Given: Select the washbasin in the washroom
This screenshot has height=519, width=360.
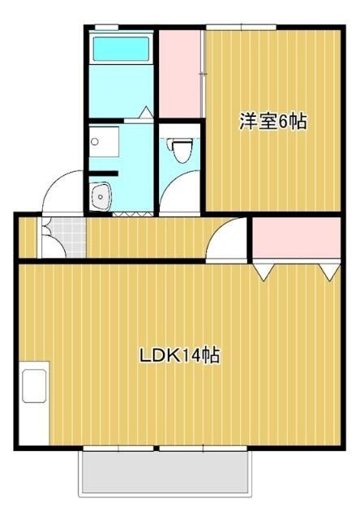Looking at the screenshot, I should [x=101, y=195].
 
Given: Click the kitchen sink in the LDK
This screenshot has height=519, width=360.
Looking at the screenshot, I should [x=34, y=386].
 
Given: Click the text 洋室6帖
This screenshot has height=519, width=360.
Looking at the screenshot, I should [x=272, y=122].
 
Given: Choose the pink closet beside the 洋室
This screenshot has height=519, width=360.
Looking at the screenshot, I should [x=180, y=73].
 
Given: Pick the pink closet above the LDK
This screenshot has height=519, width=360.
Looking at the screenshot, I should [x=295, y=237].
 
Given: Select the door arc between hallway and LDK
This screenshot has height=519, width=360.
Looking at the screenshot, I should [x=227, y=240].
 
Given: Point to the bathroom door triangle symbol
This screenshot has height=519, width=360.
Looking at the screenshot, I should [x=146, y=113].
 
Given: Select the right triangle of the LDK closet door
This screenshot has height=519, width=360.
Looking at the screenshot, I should [x=328, y=272].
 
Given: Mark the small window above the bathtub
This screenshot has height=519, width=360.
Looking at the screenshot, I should [x=107, y=28].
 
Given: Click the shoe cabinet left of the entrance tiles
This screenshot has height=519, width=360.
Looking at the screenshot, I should [x=28, y=237].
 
